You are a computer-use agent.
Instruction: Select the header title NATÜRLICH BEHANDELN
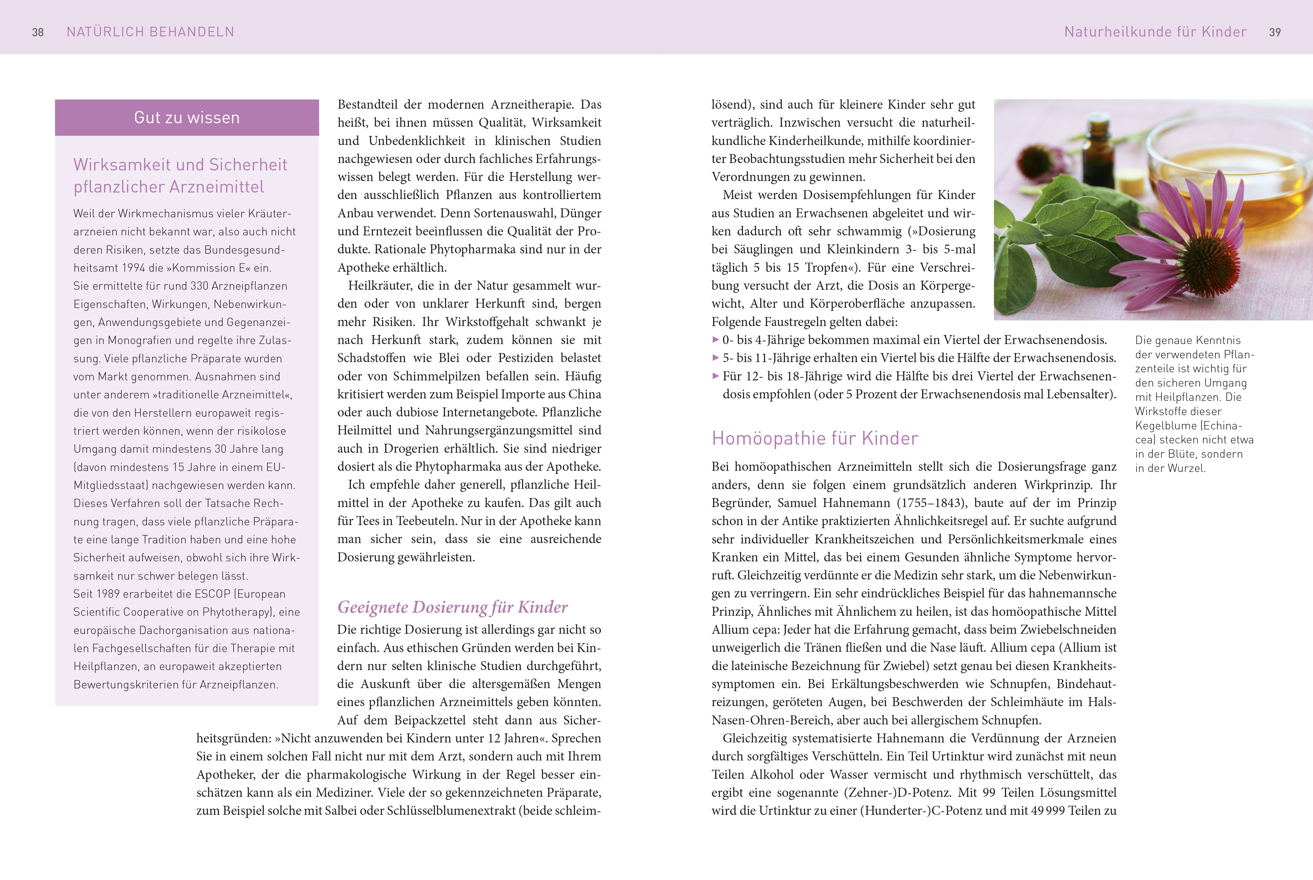[150, 32]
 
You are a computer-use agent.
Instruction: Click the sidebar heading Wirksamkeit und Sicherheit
[180, 165]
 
